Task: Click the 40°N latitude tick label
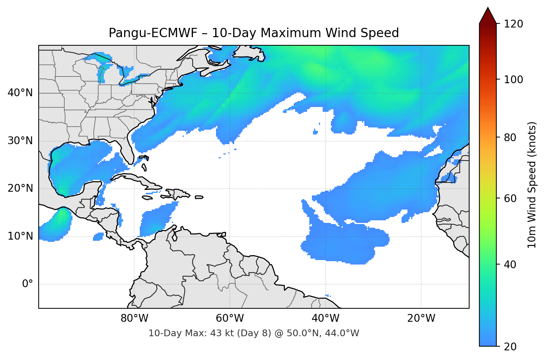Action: (x=20, y=93)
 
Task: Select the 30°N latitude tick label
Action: (x=20, y=141)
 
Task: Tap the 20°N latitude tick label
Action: (x=20, y=188)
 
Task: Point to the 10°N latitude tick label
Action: (x=20, y=236)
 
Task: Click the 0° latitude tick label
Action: (x=28, y=284)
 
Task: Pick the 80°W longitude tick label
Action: (x=134, y=318)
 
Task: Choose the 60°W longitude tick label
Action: (x=230, y=318)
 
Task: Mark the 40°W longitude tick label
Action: (x=326, y=318)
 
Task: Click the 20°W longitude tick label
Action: (x=421, y=318)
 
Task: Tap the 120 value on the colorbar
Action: (x=513, y=24)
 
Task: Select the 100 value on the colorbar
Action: (x=513, y=80)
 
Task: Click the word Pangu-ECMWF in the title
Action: (x=153, y=33)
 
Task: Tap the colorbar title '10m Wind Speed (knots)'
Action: (x=532, y=185)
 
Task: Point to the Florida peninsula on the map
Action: (x=128, y=150)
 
